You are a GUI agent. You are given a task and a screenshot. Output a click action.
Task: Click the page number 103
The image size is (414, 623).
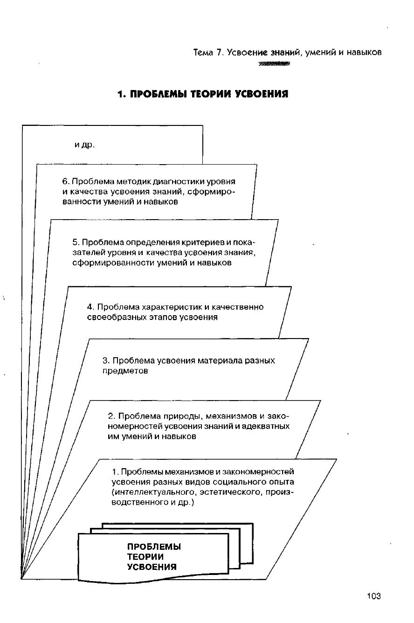point(373,596)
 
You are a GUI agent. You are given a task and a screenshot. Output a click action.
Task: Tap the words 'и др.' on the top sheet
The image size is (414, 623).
point(84,145)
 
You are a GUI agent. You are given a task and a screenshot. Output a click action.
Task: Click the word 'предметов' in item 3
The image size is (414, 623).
point(125,371)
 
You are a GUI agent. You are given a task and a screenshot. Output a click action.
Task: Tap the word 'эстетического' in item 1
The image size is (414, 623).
point(229,492)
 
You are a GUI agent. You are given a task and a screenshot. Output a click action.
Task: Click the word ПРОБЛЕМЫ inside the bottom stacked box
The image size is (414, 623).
point(154,547)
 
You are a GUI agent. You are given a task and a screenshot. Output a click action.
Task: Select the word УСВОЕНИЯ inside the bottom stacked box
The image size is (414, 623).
point(152,567)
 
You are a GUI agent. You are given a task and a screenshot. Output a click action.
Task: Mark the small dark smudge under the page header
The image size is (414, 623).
point(273,64)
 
